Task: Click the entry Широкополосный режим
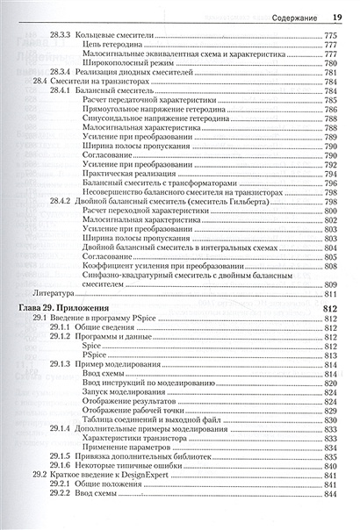[x=124, y=62]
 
